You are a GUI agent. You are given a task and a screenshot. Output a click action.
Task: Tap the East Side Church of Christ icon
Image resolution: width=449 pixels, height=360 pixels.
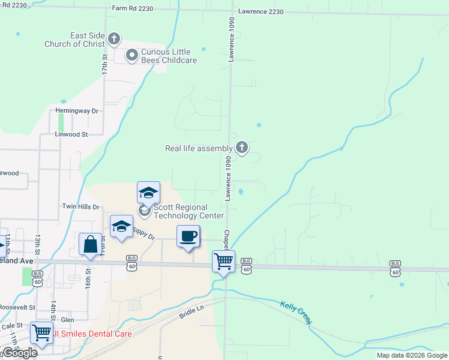coord(113,40)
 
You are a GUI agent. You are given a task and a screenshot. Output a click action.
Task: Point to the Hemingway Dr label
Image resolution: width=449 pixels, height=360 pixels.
coord(76,111)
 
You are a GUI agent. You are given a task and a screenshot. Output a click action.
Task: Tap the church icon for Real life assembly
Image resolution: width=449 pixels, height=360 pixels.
coord(241,147)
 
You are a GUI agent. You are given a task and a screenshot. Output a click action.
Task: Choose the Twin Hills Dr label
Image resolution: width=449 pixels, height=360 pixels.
coord(80,206)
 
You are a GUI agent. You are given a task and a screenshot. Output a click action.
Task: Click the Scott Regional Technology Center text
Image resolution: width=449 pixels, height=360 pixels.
coord(189,211)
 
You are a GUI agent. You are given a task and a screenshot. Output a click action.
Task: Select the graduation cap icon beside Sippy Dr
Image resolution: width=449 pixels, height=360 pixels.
coord(121,226)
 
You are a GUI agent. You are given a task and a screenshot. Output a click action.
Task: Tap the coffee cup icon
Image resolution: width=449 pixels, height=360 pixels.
coord(188,236)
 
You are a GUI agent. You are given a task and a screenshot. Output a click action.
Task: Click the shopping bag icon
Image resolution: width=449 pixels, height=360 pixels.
coord(90,244)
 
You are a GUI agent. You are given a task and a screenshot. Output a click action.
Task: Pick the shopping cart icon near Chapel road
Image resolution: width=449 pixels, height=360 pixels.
coord(223,262)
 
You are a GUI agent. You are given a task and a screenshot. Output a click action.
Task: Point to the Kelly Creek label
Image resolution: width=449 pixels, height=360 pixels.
coord(296,313)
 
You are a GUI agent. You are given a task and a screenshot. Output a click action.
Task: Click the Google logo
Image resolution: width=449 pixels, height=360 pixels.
coord(20,353)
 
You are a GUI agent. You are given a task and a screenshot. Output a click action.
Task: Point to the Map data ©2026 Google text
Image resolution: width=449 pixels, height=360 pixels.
coord(412,355)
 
